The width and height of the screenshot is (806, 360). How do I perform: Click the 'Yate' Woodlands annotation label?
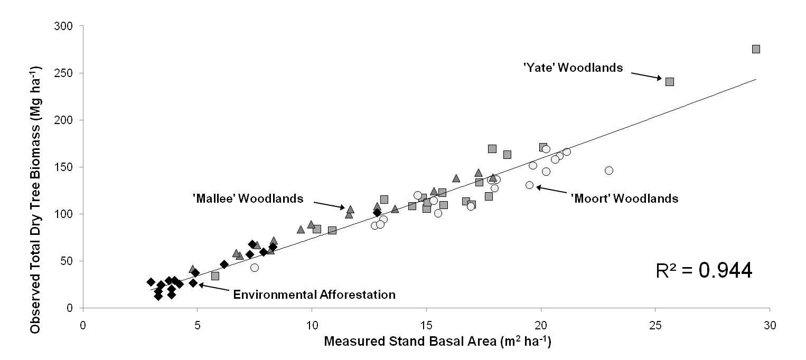[573, 68]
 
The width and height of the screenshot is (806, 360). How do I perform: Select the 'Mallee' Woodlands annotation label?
[248, 198]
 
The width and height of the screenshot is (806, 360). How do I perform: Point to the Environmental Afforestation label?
[314, 295]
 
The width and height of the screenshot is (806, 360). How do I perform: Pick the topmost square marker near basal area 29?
[756, 49]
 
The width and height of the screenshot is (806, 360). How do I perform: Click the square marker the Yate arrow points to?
[670, 82]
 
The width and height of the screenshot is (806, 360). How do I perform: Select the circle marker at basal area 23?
[609, 170]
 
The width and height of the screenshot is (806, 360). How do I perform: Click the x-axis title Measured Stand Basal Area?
[437, 342]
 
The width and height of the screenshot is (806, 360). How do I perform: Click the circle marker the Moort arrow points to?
[529, 185]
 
